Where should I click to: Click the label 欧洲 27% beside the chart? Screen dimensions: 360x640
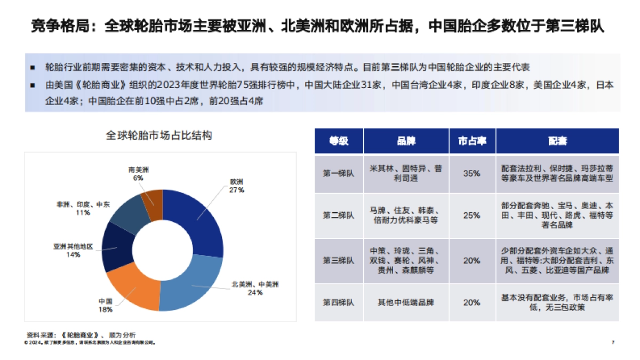(x=236, y=186)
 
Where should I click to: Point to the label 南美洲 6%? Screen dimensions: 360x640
(x=138, y=174)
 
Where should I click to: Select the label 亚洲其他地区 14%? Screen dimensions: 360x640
(x=73, y=251)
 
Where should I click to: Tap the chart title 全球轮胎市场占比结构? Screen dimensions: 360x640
(x=159, y=135)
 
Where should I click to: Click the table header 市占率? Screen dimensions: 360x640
(x=472, y=141)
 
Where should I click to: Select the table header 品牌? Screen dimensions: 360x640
(x=406, y=141)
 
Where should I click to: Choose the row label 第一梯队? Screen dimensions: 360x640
(x=339, y=173)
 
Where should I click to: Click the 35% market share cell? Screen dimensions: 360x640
(x=472, y=173)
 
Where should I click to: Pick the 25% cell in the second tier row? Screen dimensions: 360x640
(x=472, y=215)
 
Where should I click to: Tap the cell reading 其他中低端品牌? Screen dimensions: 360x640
(x=406, y=302)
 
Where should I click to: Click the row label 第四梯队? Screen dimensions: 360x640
(x=339, y=302)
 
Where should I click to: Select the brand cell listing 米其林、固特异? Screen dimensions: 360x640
(x=406, y=173)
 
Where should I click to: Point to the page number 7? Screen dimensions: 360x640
(x=613, y=342)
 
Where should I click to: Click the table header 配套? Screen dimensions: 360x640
(x=557, y=141)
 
